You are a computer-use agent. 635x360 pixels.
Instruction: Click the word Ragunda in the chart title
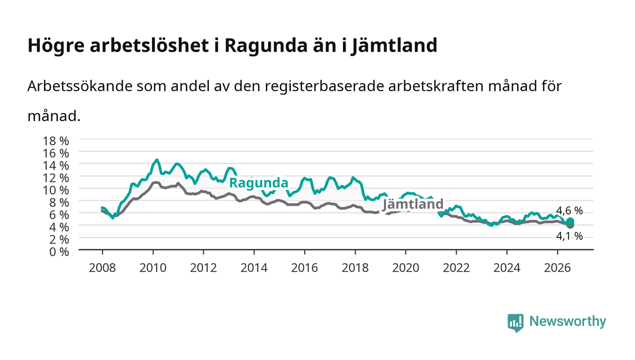click(x=266, y=46)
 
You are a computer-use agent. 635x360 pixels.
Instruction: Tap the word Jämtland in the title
click(x=394, y=45)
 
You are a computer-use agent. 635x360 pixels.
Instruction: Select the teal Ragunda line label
click(x=259, y=183)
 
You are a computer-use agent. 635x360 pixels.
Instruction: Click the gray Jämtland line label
click(x=413, y=204)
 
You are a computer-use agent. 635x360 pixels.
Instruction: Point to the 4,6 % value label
click(x=569, y=211)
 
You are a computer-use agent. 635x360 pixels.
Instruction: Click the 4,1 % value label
click(x=569, y=236)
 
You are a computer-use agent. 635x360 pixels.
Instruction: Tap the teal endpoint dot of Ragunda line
click(x=570, y=221)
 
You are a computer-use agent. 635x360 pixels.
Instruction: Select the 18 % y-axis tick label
click(x=55, y=141)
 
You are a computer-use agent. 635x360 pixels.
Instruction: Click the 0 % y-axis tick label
click(x=59, y=252)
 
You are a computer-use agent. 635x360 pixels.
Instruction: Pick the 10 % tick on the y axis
click(x=55, y=190)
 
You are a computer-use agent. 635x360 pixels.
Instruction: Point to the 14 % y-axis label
click(x=55, y=165)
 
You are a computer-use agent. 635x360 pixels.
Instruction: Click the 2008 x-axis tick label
click(x=103, y=268)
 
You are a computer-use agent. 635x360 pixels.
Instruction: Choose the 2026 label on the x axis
click(x=557, y=268)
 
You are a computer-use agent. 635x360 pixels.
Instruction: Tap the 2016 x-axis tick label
click(x=304, y=268)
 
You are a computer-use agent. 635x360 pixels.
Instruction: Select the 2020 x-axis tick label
click(x=405, y=268)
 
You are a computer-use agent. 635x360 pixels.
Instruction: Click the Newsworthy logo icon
click(x=515, y=322)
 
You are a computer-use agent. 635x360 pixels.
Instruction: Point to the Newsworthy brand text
click(x=567, y=321)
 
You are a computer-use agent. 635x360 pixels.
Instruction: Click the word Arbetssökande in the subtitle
click(x=80, y=86)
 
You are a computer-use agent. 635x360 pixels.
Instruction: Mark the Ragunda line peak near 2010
click(x=157, y=160)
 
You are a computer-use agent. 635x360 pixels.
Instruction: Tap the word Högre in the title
click(x=56, y=46)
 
